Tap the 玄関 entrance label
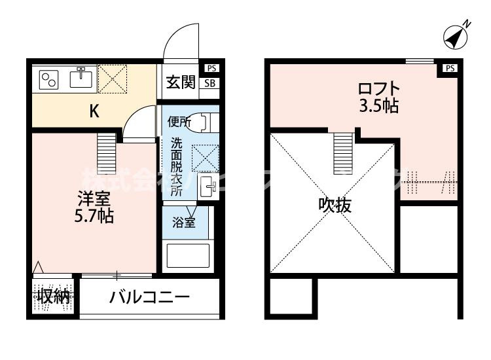click(x=180, y=82)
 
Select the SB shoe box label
click(x=210, y=82)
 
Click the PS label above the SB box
click(x=210, y=67)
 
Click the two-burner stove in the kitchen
click(x=49, y=81)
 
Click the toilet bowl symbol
click(x=203, y=122)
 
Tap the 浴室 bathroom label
click(x=183, y=223)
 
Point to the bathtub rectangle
click(x=187, y=256)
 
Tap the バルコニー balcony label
click(x=149, y=297)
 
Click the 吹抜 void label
click(x=335, y=206)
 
